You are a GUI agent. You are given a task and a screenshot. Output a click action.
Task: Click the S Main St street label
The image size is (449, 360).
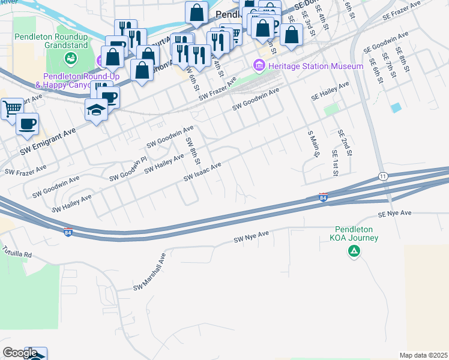coord(312,145)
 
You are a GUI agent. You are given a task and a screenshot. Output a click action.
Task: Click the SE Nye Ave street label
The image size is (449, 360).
coord(394,214)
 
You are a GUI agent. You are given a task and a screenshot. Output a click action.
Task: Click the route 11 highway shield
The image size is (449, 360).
coord(382,176)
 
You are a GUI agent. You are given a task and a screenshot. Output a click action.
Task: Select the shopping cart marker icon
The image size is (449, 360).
coord(11,109)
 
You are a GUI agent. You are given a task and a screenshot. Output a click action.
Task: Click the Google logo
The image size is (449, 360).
coord(20,353)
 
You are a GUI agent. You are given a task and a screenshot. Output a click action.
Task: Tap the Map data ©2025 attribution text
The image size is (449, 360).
coord(423,355)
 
